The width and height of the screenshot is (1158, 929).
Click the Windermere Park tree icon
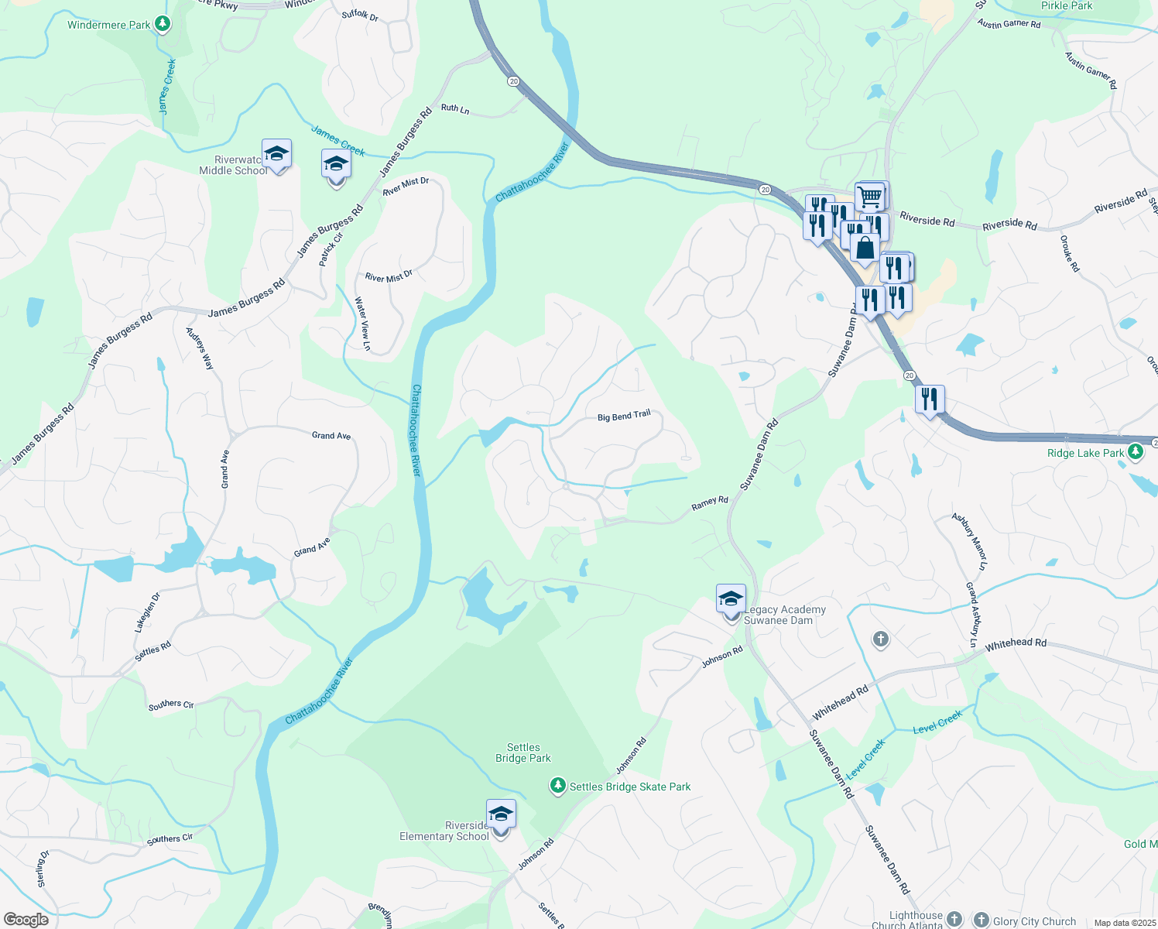coord(162,24)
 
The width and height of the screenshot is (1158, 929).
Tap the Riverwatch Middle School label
coord(234,165)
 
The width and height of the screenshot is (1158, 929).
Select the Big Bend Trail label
coord(624,417)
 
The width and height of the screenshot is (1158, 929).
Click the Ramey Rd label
coord(710,502)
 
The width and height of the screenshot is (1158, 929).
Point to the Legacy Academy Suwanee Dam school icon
coord(731,599)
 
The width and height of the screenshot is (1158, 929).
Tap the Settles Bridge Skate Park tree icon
coord(557,786)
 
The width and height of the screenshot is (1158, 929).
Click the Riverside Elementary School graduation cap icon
coord(501,814)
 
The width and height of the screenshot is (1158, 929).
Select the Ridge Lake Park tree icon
coord(1136,451)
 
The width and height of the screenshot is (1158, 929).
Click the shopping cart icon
coord(870,197)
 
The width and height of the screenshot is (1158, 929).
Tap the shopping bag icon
coord(865,249)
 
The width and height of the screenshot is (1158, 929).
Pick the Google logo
coord(26,920)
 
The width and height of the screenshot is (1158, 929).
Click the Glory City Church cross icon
coord(982,920)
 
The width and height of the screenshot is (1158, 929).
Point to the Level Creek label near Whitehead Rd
coord(937,722)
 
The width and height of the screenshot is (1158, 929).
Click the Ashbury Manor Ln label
coord(969,541)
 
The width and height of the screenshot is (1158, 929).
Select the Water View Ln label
coord(362,324)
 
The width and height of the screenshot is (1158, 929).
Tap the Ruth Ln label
coord(455,109)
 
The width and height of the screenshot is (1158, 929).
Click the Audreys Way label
coord(199,348)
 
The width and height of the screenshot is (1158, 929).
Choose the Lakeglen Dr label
coord(147,612)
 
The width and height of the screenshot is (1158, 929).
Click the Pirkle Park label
coord(1067,6)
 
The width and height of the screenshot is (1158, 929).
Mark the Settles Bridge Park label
coord(523,752)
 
